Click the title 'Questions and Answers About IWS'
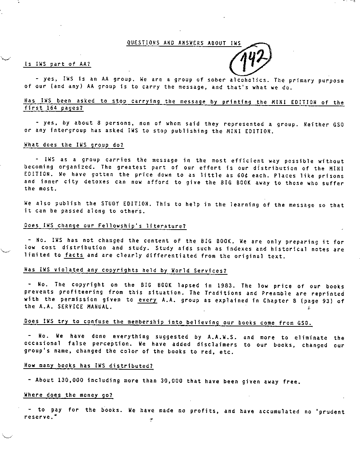[x=184, y=43]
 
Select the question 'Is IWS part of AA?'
[x=57, y=64]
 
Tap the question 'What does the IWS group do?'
[x=74, y=145]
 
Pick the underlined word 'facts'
[x=74, y=255]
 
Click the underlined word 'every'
[x=147, y=300]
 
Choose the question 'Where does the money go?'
[x=68, y=395]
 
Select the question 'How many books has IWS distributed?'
[x=88, y=366]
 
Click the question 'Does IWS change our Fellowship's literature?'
[x=105, y=226]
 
